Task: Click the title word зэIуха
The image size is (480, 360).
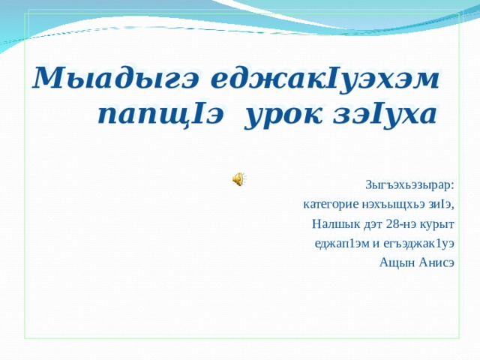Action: coord(385,115)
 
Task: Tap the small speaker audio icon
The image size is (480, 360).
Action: coord(239,178)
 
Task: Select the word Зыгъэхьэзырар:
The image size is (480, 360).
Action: coord(409,186)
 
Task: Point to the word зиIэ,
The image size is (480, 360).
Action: coord(442,204)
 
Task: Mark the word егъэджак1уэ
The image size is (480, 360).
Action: coord(418,244)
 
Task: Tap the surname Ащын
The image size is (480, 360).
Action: coord(397,263)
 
